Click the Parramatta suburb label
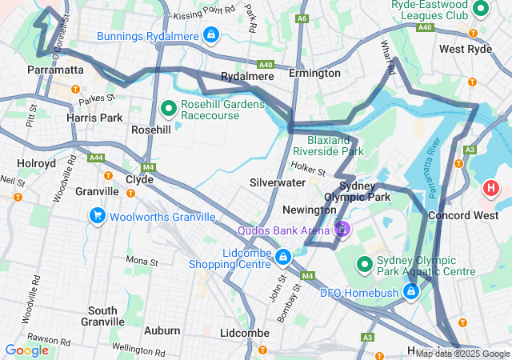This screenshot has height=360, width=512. click(55, 70)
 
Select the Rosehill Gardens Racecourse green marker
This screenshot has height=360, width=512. click(169, 107)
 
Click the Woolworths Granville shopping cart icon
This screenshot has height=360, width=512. click(97, 217)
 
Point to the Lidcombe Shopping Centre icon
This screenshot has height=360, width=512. click(282, 257)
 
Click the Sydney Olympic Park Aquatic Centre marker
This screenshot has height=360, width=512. click(365, 263)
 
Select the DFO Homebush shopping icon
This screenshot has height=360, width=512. click(410, 292)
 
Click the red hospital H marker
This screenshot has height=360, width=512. click(490, 190)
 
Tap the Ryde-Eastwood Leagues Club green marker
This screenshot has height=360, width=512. click(481, 10)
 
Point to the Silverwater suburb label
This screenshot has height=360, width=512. click(277, 182)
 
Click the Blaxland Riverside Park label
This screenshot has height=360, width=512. click(322, 144)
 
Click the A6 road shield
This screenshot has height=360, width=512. click(302, 18)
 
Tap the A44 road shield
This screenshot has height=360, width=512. click(97, 158)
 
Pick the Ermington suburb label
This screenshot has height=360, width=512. click(314, 74)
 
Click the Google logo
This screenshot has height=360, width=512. click(26, 350)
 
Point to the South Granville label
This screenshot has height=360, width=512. click(102, 315)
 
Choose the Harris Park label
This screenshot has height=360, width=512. click(95, 118)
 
